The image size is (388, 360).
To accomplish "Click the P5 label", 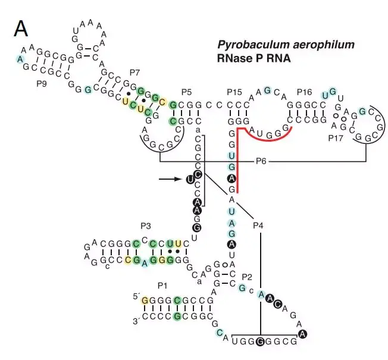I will (x=187, y=92).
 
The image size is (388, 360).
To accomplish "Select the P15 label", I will (x=234, y=92).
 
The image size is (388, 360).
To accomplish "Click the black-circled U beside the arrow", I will (x=190, y=179).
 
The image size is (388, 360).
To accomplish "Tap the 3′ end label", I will (x=135, y=321).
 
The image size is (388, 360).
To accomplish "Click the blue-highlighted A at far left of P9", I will (x=21, y=58).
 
